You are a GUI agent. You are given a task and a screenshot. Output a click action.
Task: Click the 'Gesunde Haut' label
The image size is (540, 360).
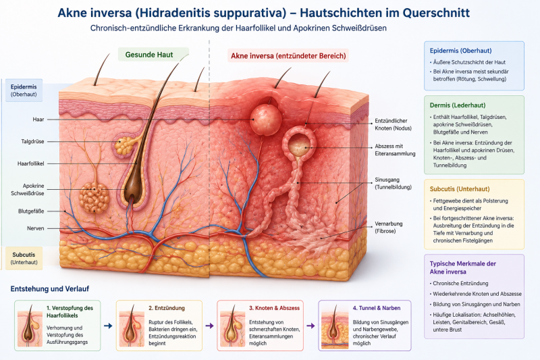click(x=148, y=55)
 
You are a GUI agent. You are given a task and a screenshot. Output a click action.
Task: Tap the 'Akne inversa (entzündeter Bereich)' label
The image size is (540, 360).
click(x=288, y=56)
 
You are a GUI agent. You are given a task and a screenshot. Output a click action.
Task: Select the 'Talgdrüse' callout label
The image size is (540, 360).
click(x=32, y=141)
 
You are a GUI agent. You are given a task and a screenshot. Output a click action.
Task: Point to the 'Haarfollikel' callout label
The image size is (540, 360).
click(x=30, y=163)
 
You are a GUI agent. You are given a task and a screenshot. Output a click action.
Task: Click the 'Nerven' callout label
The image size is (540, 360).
click(x=36, y=228)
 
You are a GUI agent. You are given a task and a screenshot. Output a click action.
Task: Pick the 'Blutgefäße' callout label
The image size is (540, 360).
click(x=31, y=211)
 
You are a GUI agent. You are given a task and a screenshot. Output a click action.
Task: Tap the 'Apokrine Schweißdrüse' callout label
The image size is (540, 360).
click(x=28, y=190)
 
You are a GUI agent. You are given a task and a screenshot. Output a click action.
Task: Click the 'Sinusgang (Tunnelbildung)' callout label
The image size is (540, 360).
click(x=393, y=183)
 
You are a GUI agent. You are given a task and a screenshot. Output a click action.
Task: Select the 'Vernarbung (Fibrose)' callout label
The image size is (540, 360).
click(x=389, y=228)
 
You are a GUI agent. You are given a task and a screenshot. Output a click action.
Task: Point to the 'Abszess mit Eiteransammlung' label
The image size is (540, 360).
click(x=395, y=150)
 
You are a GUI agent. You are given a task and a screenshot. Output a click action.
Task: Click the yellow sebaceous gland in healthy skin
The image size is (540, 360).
click(x=124, y=146)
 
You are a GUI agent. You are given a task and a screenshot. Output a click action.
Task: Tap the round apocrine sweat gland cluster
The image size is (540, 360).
click(x=94, y=198)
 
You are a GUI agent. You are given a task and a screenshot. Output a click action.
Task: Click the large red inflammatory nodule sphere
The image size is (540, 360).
click(x=265, y=120)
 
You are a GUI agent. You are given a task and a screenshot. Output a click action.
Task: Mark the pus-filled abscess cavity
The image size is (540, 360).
click(x=299, y=145)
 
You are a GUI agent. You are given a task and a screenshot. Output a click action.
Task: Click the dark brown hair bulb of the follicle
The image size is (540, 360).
click(x=130, y=192)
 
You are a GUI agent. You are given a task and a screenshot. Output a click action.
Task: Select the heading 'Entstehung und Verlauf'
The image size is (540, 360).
click(x=49, y=288)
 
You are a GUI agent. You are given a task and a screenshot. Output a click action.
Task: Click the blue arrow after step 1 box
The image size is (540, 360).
click(x=108, y=326)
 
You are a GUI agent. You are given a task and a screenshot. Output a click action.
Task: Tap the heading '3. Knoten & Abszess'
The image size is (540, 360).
click(x=274, y=308)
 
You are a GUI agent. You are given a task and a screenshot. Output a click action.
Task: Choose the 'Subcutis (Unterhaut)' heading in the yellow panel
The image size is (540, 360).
click(x=460, y=189)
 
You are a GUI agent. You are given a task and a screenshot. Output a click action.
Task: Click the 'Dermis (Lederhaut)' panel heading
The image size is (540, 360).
click(x=458, y=105)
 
